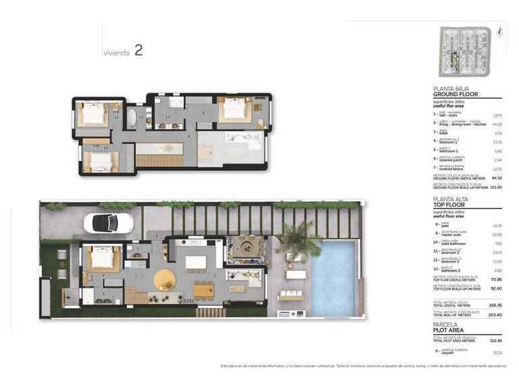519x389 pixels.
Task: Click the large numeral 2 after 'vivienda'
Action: pos(138,50)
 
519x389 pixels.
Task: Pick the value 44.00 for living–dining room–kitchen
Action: pos(497,124)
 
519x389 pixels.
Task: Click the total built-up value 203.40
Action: pos(496,315)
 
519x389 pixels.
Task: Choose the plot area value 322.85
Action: pos(496,340)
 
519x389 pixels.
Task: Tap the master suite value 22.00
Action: pos(497,234)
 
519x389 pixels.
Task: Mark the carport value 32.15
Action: pos(497,353)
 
